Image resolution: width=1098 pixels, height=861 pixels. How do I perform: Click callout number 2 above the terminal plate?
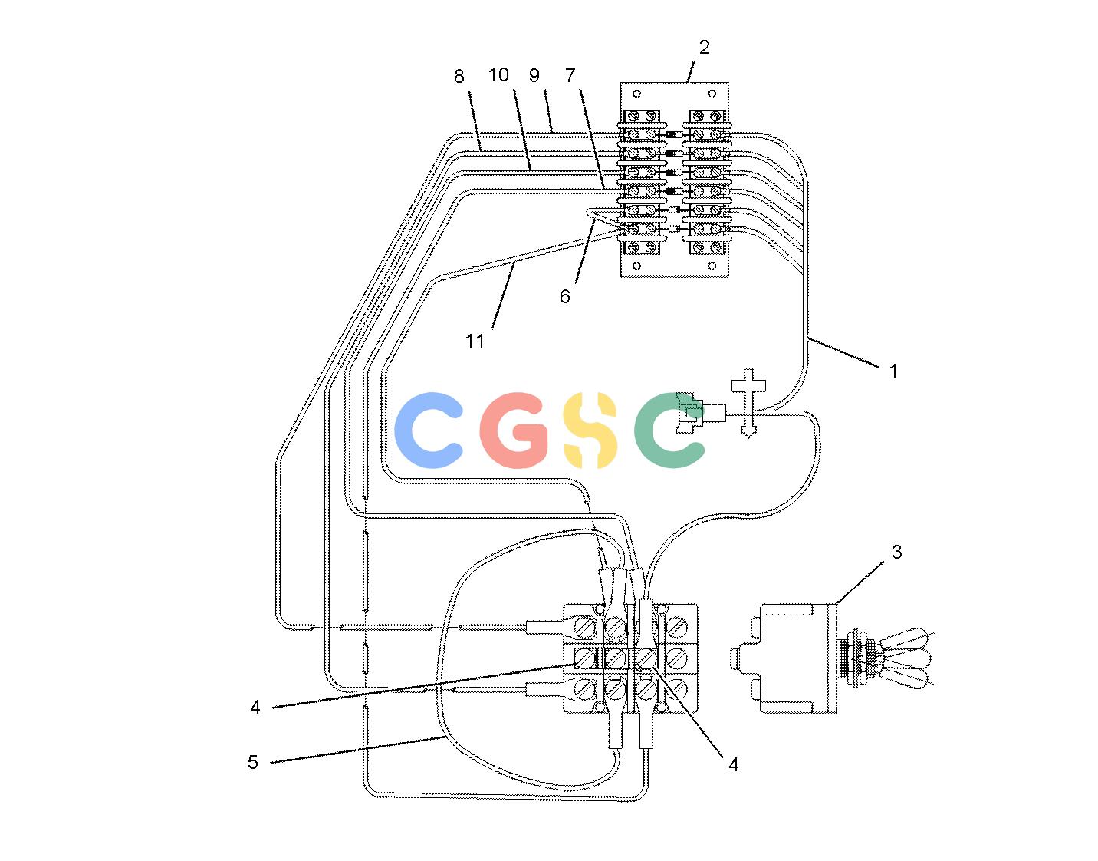pyautogui.click(x=704, y=48)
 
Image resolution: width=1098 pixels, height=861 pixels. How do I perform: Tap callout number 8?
pyautogui.click(x=459, y=76)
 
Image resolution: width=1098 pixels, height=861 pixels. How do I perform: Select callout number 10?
pyautogui.click(x=498, y=75)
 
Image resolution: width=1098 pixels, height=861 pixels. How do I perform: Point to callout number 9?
pyautogui.click(x=534, y=75)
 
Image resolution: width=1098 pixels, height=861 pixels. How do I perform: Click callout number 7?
pyautogui.click(x=570, y=75)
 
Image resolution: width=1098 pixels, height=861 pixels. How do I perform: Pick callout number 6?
pyautogui.click(x=564, y=296)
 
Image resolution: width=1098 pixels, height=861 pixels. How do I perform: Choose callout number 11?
pyautogui.click(x=475, y=341)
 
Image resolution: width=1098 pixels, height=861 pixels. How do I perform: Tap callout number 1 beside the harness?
pyautogui.click(x=893, y=371)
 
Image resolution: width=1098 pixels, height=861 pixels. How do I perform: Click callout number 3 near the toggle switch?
pyautogui.click(x=896, y=552)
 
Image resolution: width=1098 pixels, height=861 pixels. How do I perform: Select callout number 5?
pyautogui.click(x=252, y=762)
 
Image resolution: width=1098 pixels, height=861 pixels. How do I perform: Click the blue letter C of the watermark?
pyautogui.click(x=429, y=430)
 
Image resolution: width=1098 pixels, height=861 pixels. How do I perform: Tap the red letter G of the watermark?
pyautogui.click(x=514, y=430)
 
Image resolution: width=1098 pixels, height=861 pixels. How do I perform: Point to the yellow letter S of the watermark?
pyautogui.click(x=590, y=430)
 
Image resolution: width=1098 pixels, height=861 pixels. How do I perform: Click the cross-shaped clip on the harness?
pyautogui.click(x=748, y=403)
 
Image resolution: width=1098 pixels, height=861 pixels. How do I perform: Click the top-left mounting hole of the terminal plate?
pyautogui.click(x=636, y=94)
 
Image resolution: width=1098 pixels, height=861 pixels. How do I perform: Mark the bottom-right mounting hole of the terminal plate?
pyautogui.click(x=712, y=266)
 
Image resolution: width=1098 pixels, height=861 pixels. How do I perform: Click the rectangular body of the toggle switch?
pyautogui.click(x=798, y=658)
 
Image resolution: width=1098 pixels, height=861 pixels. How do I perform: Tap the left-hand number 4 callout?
pyautogui.click(x=255, y=707)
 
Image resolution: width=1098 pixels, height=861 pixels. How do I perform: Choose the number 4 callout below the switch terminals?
pyautogui.click(x=733, y=764)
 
